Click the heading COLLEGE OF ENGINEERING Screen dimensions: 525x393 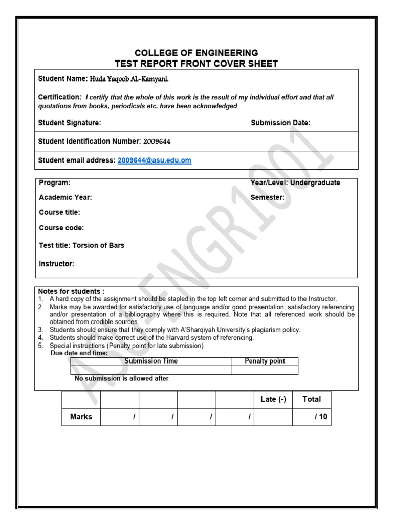click(x=196, y=53)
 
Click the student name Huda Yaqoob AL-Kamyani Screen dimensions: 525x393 click(x=129, y=79)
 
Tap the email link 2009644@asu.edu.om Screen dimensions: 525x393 click(x=154, y=160)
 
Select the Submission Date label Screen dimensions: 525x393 click(x=280, y=123)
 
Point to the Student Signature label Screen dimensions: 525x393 click(x=70, y=123)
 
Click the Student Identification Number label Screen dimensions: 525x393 click(x=90, y=141)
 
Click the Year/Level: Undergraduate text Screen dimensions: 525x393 click(x=295, y=183)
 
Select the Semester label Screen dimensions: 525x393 click(x=267, y=197)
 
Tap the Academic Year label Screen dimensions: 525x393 click(x=65, y=197)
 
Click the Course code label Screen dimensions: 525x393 click(x=61, y=228)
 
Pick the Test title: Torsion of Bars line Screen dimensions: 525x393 click(x=81, y=245)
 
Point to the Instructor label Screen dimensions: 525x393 click(x=56, y=264)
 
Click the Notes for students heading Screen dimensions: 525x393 click(x=71, y=291)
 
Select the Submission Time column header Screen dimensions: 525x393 click(x=151, y=361)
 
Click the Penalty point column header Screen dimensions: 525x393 click(x=265, y=361)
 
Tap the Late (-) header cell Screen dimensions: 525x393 click(x=273, y=399)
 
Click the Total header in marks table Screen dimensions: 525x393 click(x=312, y=399)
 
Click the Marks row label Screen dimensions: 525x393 click(x=81, y=417)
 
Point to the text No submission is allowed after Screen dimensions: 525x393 click(x=122, y=378)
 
